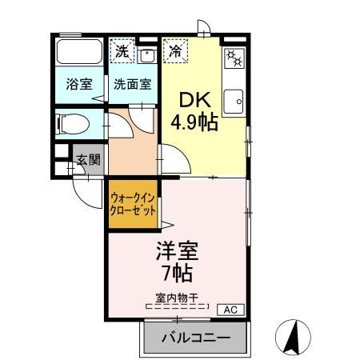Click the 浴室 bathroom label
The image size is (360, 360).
(78, 83)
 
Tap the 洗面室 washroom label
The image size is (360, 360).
(132, 83)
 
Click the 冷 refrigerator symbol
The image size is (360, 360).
(174, 52)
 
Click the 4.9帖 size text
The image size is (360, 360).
(194, 122)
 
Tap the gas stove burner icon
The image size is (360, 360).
(234, 58)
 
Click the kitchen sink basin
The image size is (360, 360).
(234, 103)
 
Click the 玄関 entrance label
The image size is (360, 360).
(88, 160)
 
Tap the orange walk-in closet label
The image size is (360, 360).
(133, 206)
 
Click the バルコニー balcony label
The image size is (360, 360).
(196, 338)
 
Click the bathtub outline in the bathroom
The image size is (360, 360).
(78, 54)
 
